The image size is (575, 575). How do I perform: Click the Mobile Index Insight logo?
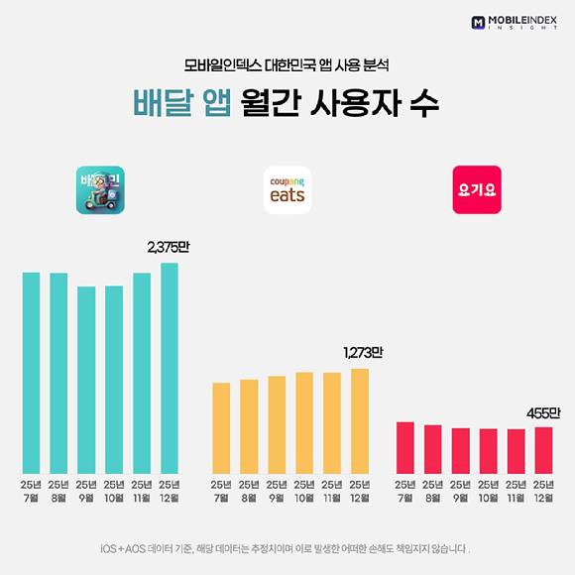(517, 21)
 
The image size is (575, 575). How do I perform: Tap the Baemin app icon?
(100, 189)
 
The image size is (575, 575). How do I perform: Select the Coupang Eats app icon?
(288, 189)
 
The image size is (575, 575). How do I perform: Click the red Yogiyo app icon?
(477, 189)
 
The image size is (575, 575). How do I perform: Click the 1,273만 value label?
(362, 352)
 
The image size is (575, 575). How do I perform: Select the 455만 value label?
(543, 411)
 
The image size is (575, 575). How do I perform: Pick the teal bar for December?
(170, 367)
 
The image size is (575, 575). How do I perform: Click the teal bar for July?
(31, 372)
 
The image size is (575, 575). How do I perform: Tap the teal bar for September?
(86, 379)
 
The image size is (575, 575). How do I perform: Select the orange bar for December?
(359, 420)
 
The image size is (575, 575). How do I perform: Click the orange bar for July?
(221, 427)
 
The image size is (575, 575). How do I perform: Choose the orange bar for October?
(304, 422)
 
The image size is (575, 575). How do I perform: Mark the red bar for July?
(404, 447)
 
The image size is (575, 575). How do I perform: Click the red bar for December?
(543, 449)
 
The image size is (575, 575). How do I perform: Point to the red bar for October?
(488, 450)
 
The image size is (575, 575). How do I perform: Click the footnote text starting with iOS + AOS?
(286, 548)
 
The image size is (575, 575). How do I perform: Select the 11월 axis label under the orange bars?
(332, 490)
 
